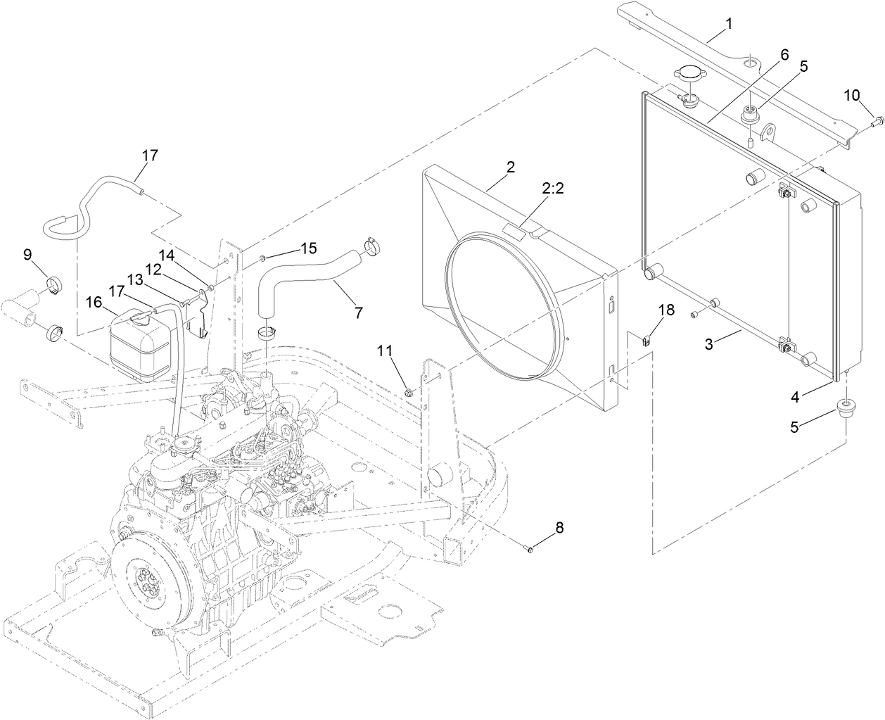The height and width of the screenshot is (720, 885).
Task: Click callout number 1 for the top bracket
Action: [729, 24]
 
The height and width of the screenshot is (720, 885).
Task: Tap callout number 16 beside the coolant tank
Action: [94, 302]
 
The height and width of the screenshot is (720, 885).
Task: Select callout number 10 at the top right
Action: [852, 95]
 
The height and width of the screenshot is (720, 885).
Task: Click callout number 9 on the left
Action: [27, 255]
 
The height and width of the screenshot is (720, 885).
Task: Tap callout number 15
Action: [309, 248]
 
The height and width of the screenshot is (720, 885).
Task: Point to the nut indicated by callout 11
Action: [409, 389]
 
